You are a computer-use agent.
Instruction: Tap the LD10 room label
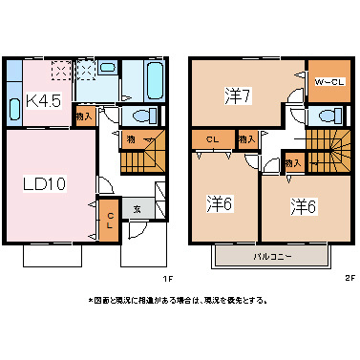tap(44, 183)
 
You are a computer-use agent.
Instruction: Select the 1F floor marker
tap(166, 278)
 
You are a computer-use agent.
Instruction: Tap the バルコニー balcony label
tap(272, 257)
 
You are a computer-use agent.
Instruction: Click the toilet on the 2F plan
tap(328, 116)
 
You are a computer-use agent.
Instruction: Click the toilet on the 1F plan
tap(143, 116)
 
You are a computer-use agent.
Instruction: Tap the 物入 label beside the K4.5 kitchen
tap(84, 116)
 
